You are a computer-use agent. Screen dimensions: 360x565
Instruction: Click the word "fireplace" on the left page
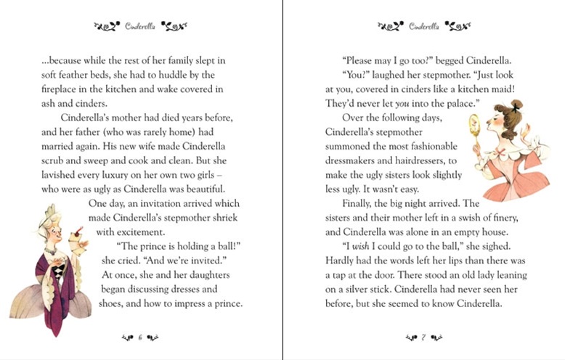pyautogui.click(x=62, y=90)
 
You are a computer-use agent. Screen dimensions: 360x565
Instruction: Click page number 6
pyautogui.click(x=139, y=336)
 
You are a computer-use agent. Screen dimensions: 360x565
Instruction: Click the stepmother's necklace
pyautogui.click(x=51, y=250)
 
